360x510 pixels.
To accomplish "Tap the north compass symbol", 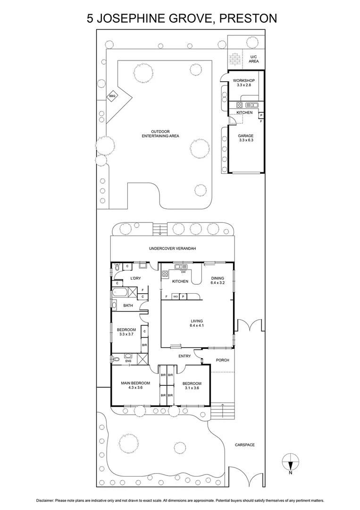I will coord(290,460).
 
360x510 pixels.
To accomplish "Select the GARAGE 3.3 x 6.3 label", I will coord(246,138).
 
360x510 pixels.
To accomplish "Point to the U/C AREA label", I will coord(254,59).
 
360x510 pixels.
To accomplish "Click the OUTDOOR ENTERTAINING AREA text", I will coord(160,134).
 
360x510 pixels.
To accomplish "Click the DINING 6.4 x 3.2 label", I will coord(218,280).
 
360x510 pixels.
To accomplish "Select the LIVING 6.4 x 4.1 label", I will coord(196,323).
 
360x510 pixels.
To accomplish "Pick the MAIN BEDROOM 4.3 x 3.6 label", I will coord(135,385).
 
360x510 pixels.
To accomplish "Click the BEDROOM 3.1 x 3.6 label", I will coord(192,386).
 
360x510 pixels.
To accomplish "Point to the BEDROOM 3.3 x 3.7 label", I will coord(126,332).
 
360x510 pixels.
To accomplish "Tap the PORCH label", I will coord(222,360).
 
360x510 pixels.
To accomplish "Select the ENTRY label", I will coord(184,357).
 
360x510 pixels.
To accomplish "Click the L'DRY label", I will coord(135,278).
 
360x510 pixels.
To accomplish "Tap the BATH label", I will coord(128,306).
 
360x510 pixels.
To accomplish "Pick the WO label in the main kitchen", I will coord(175,297).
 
